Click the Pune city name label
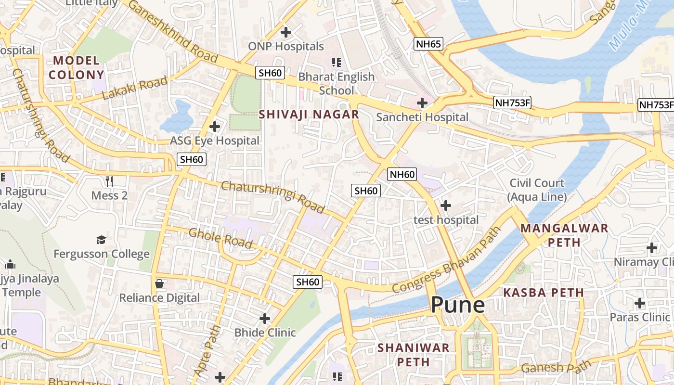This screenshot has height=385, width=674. pyautogui.click(x=457, y=305)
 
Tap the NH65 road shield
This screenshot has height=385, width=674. pyautogui.click(x=428, y=44)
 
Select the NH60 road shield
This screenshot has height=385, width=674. pyautogui.click(x=402, y=174)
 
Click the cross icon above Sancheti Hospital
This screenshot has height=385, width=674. pyautogui.click(x=422, y=103)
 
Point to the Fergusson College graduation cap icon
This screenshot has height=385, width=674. pyautogui.click(x=101, y=240)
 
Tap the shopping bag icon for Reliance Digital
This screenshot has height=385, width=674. pyautogui.click(x=159, y=283)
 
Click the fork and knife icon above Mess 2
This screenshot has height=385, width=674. pyautogui.click(x=109, y=181)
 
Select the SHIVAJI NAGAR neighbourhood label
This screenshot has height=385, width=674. pyautogui.click(x=309, y=115)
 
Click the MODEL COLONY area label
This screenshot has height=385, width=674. pyautogui.click(x=76, y=67)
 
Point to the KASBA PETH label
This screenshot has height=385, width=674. pyautogui.click(x=544, y=293)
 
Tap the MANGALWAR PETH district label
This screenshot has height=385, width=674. pyautogui.click(x=565, y=235)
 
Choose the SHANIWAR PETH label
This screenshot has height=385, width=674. pyautogui.click(x=414, y=354)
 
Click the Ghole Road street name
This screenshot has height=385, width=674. pyautogui.click(x=220, y=239)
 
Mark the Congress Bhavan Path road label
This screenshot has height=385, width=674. pyautogui.click(x=447, y=259)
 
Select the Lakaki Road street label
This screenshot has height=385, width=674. pyautogui.click(x=135, y=89)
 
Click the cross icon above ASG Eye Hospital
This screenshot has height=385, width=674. pyautogui.click(x=215, y=127)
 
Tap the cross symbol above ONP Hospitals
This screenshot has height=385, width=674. pyautogui.click(x=286, y=33)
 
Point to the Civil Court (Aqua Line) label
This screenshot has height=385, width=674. pyautogui.click(x=537, y=190)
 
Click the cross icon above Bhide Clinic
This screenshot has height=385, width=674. pyautogui.click(x=265, y=318)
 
